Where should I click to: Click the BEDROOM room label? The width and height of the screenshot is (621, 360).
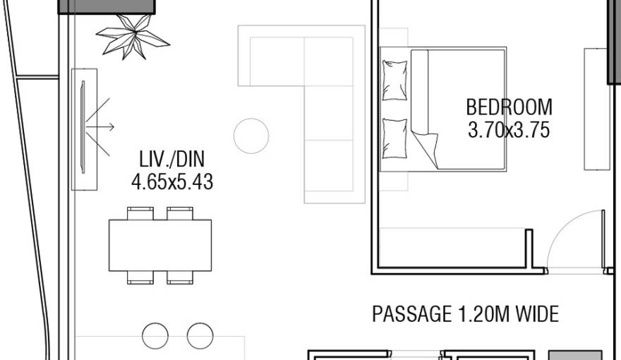[509, 107]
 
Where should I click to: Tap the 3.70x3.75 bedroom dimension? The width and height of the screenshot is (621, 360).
[509, 130]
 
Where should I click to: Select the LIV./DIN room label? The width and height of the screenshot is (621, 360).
[172, 160]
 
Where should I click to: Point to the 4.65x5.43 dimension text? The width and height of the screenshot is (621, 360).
[172, 182]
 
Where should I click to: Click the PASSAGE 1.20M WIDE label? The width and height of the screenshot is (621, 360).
[465, 314]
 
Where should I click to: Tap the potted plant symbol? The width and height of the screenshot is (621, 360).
[133, 37]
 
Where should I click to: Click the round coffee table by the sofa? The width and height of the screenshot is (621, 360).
[251, 136]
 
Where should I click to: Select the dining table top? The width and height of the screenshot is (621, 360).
[160, 246]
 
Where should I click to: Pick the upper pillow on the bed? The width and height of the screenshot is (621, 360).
[394, 80]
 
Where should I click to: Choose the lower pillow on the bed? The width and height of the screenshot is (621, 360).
[394, 138]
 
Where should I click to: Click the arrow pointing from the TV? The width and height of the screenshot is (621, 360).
[100, 127]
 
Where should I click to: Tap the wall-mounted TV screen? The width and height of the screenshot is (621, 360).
[83, 127]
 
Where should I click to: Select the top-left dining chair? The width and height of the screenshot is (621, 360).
[140, 213]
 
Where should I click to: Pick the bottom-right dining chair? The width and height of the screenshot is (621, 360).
[180, 277]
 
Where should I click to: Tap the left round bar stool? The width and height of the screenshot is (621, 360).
[155, 336]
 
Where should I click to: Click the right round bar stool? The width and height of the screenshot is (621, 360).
[200, 336]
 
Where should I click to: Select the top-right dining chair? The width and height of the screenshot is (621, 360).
[180, 213]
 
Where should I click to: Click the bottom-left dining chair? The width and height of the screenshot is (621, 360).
[140, 277]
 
